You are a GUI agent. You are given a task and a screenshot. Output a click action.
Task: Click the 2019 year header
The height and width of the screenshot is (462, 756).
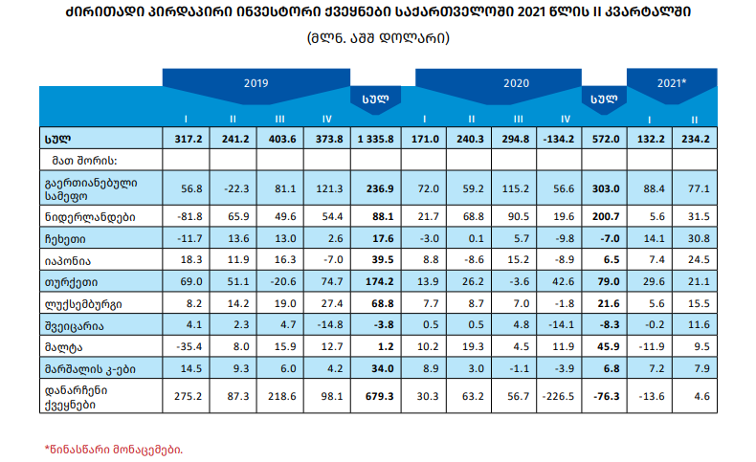pos(256,83)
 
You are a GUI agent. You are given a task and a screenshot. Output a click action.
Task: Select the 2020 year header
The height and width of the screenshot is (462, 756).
pos(517,83)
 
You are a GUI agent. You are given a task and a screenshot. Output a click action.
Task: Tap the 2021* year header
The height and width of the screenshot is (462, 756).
pos(672,83)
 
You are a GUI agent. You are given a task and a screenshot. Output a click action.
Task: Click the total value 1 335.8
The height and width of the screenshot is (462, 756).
pos(375,139)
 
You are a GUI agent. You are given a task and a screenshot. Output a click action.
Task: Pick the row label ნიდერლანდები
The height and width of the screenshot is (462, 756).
pos(90,217)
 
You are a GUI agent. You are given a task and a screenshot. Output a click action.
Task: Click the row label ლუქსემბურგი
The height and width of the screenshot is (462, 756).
pos(86,302)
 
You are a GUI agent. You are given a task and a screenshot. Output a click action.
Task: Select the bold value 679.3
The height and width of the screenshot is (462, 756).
pos(375,394)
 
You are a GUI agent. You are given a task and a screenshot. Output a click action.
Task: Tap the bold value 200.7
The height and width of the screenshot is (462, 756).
pos(603,217)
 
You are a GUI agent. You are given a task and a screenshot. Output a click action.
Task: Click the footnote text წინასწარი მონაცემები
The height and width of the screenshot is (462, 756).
pos(114,448)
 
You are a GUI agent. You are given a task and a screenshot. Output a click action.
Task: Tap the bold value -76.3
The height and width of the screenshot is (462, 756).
pos(603,394)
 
